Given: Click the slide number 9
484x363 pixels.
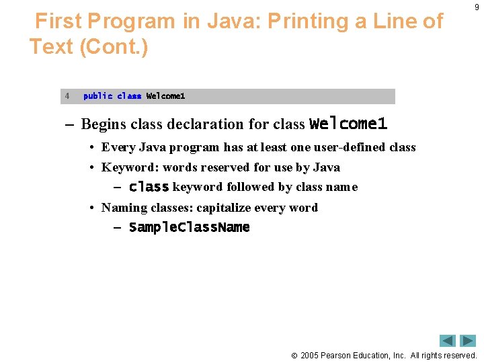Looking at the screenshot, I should click(x=476, y=7).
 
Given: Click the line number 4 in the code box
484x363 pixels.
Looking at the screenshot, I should click(x=67, y=96).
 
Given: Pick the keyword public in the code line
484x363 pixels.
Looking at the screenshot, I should click(x=97, y=96).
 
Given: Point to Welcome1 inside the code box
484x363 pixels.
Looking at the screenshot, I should click(x=165, y=96).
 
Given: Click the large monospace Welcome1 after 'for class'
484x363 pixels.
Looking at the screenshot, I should click(x=348, y=124).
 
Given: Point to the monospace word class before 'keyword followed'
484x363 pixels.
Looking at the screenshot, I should click(x=149, y=187).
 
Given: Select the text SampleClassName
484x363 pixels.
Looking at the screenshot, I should click(x=189, y=227).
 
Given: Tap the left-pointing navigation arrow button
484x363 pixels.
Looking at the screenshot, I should click(x=448, y=341).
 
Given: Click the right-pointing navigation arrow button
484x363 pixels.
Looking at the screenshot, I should click(x=468, y=341).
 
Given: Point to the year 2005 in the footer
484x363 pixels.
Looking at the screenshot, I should click(x=309, y=355).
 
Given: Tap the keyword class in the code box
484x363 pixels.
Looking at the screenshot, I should click(x=129, y=96).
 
